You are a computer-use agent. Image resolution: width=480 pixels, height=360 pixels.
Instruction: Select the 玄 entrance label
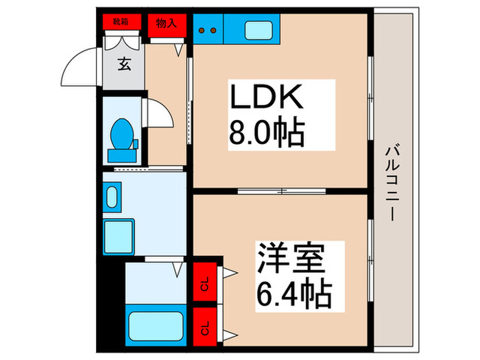point(124,66)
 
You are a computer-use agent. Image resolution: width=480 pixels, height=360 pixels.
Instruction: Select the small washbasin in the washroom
point(113,194)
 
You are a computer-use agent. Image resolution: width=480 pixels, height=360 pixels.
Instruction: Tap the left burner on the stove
point(204,30)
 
